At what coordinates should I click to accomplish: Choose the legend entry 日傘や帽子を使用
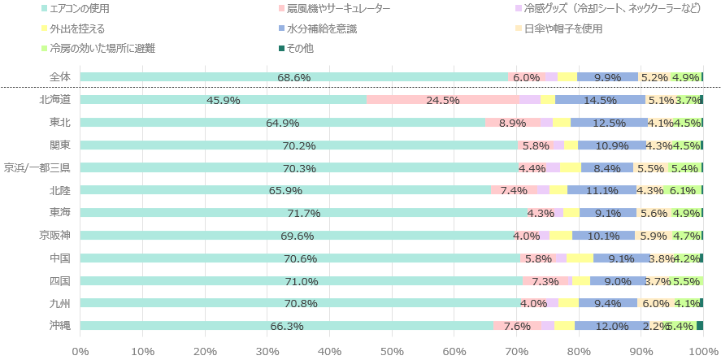[563, 28]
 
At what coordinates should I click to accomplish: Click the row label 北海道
[54, 100]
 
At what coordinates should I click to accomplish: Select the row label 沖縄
[59, 326]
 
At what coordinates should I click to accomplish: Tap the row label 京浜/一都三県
[37, 168]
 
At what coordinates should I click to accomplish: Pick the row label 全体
[59, 77]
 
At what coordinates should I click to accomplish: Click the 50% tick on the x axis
[392, 350]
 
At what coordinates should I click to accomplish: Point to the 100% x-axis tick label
[702, 350]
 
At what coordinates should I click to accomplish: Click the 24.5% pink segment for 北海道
[443, 100]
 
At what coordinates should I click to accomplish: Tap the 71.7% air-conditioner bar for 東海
[304, 213]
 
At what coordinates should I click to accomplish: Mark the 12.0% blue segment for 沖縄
[612, 326]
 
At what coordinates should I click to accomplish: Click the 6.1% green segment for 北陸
[683, 190]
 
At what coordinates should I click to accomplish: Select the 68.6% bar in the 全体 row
[293, 77]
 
